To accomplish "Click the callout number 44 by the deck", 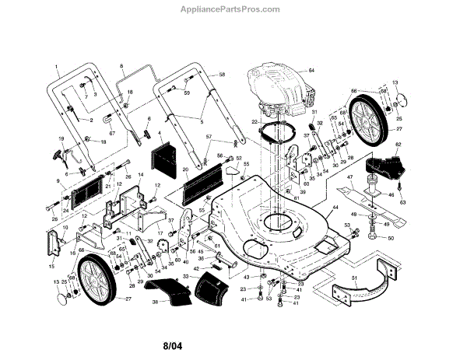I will pyautogui.click(x=335, y=208).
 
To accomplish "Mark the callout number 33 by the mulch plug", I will pyautogui.click(x=185, y=276).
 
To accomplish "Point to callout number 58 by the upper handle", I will pyautogui.click(x=222, y=74).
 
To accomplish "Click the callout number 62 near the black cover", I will pyautogui.click(x=399, y=145).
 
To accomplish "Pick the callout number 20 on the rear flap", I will pyautogui.click(x=185, y=170).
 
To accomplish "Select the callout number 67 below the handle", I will pyautogui.click(x=111, y=133).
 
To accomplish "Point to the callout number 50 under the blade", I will pyautogui.click(x=391, y=238).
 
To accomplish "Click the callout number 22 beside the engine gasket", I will pyautogui.click(x=254, y=122).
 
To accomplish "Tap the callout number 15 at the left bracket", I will pyautogui.click(x=52, y=266).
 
